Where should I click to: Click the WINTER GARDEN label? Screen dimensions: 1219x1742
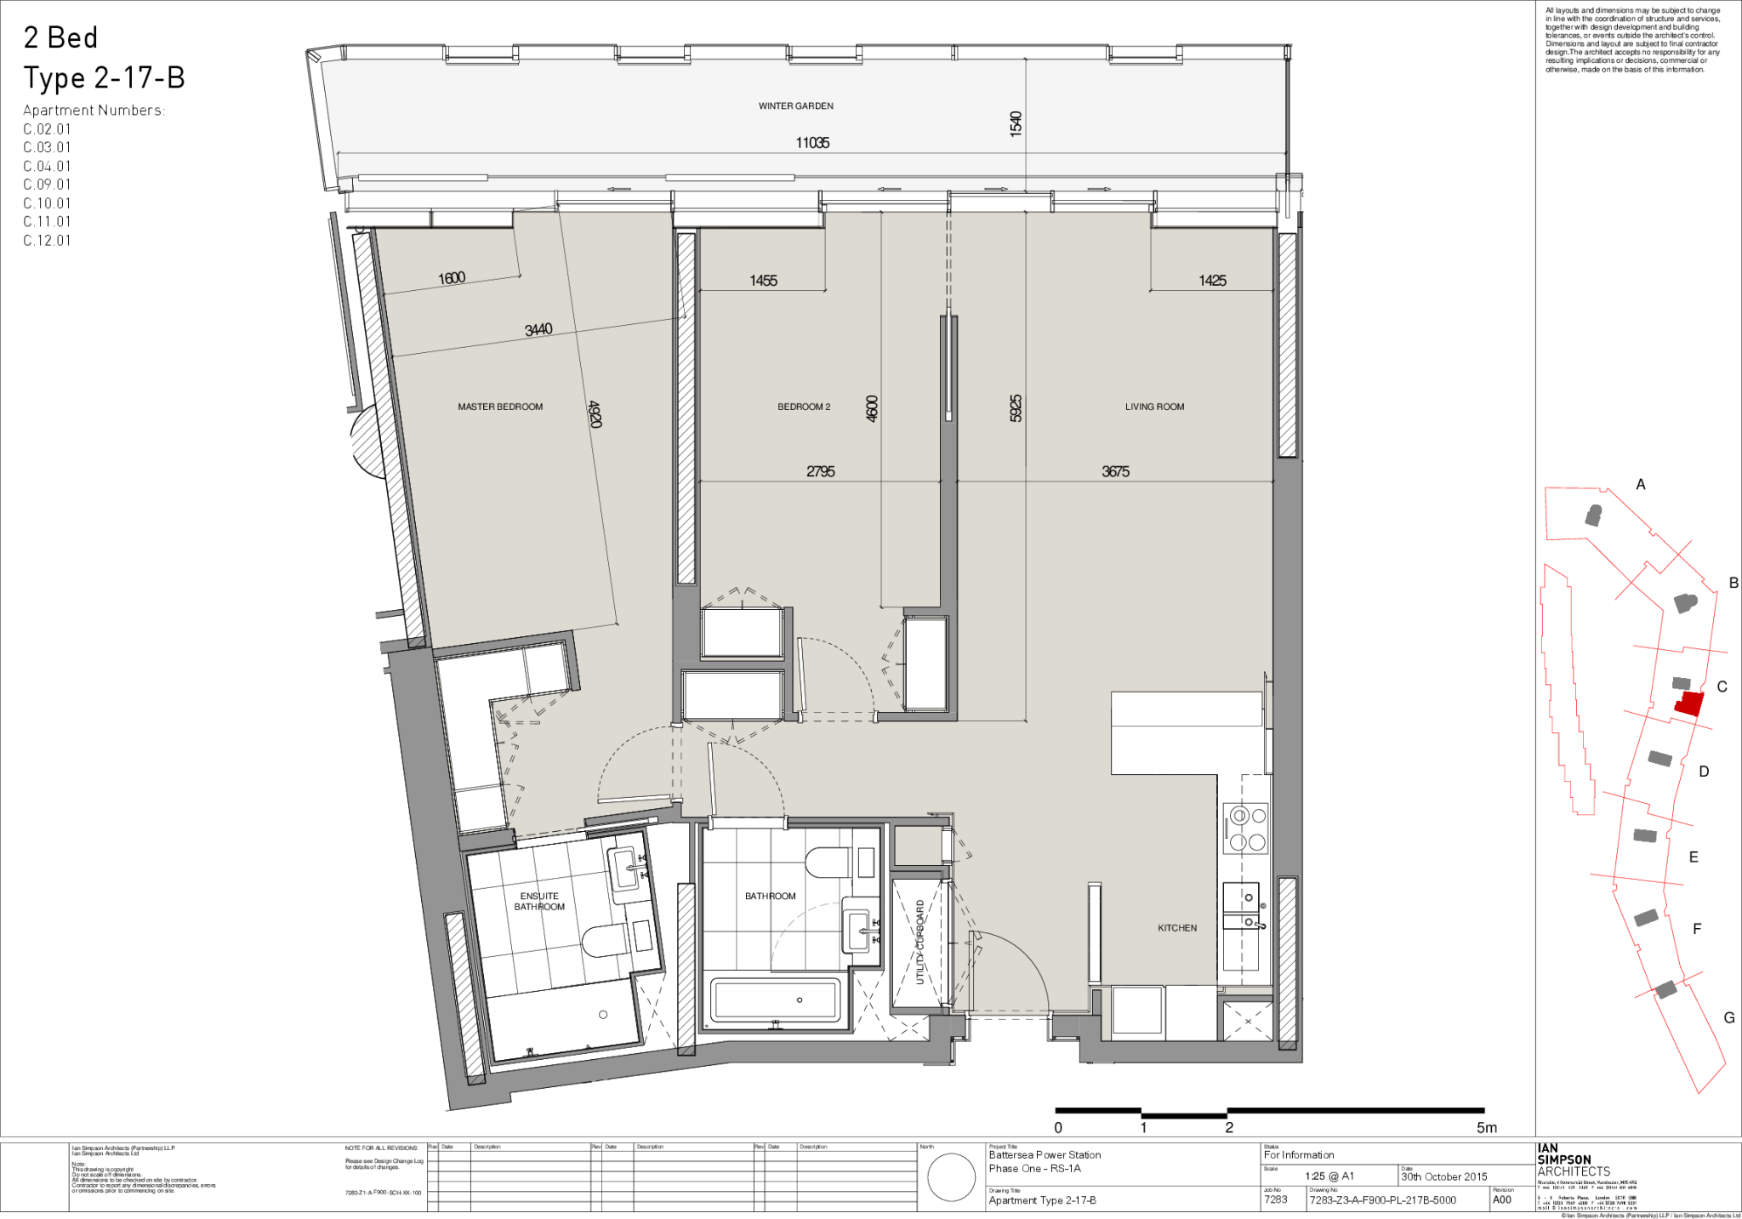click(795, 106)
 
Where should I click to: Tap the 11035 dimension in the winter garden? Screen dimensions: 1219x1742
click(812, 143)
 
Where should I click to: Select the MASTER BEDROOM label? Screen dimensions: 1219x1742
click(500, 407)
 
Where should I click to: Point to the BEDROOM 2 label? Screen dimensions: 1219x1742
click(804, 407)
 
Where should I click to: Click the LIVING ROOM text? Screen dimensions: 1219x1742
click(1154, 407)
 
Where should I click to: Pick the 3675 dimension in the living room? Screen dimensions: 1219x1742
click(1115, 471)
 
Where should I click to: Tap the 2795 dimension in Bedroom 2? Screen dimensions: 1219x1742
click(820, 471)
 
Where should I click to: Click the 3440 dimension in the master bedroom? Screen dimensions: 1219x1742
click(538, 329)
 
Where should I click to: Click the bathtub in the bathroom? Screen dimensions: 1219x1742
click(776, 1000)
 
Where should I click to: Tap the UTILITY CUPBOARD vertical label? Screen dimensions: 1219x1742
click(919, 943)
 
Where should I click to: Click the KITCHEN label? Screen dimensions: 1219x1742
click(1176, 928)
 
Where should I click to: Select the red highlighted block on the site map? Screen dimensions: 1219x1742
click(1689, 704)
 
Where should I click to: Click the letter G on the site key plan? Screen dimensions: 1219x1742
click(1728, 1017)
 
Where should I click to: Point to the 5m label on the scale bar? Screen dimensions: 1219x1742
click(1486, 1128)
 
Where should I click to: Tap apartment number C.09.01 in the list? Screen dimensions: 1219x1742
click(48, 185)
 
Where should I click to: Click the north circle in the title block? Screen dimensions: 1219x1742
click(951, 1177)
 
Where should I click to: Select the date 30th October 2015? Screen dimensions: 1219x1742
click(1444, 1176)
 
